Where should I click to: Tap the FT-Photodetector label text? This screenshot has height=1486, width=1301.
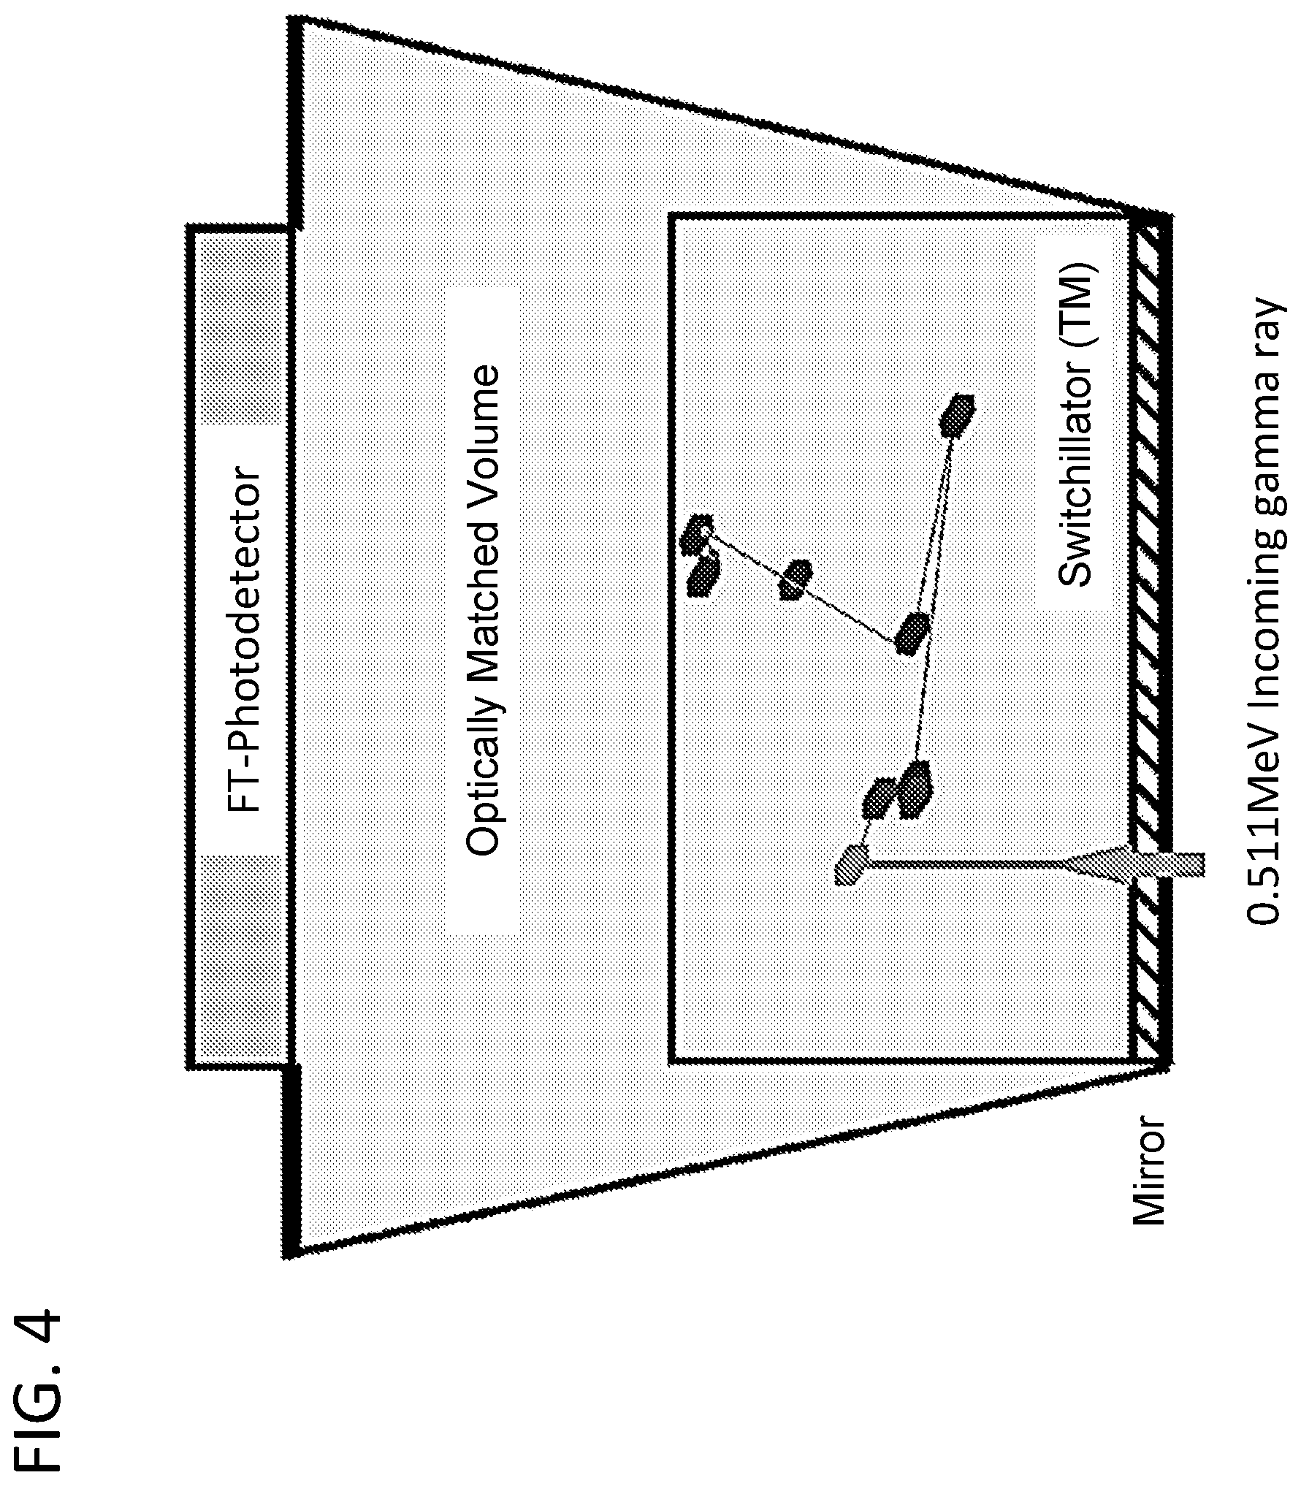coord(242,640)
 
